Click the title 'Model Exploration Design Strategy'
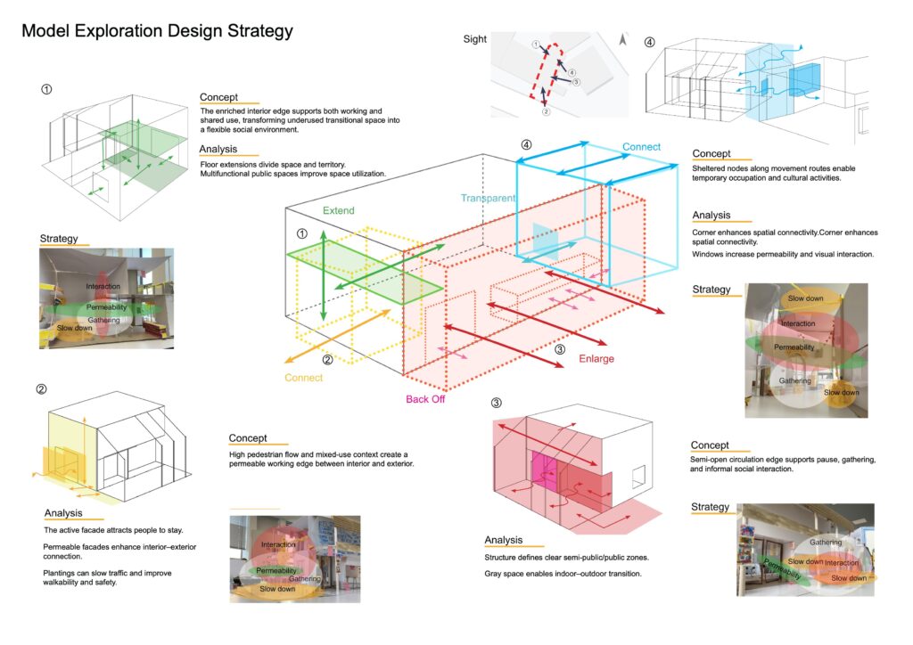157,31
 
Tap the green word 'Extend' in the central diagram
338,210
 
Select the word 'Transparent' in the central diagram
488,198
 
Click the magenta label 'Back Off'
425,399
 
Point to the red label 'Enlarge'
596,359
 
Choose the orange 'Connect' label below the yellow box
303,378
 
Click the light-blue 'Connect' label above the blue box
641,147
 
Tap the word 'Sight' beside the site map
474,39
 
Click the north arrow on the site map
622,39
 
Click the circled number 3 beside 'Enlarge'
560,349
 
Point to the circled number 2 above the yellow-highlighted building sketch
41,389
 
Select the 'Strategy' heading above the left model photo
59,239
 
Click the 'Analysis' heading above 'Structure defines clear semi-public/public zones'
504,540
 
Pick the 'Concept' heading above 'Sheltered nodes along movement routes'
711,153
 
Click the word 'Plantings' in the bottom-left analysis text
58,574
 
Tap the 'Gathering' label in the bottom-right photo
826,542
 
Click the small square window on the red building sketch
638,477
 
